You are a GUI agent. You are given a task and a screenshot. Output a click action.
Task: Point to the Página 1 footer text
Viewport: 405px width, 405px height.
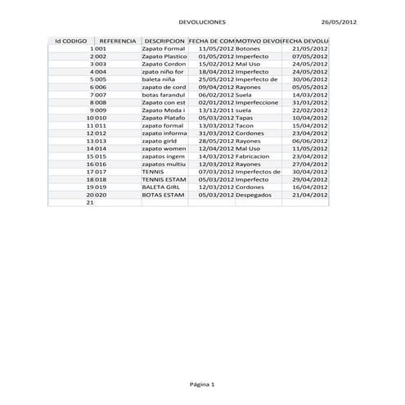(x=202, y=384)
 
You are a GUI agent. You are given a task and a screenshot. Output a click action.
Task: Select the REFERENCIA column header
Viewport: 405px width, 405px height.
(x=117, y=40)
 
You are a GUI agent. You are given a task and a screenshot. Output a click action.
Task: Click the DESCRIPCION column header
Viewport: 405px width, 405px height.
(x=163, y=40)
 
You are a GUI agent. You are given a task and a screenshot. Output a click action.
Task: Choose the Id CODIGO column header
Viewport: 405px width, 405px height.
(x=70, y=40)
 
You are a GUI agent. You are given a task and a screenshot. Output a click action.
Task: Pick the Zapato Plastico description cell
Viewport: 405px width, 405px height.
(x=164, y=56)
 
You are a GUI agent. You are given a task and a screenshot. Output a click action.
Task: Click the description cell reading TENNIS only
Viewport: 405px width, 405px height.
(x=153, y=171)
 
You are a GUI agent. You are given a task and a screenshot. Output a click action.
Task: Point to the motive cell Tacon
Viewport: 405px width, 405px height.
(x=245, y=125)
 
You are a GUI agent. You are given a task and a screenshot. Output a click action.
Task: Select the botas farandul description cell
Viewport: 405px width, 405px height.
(x=164, y=94)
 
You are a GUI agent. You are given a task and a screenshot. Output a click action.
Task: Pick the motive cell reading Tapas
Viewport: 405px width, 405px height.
(x=244, y=118)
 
